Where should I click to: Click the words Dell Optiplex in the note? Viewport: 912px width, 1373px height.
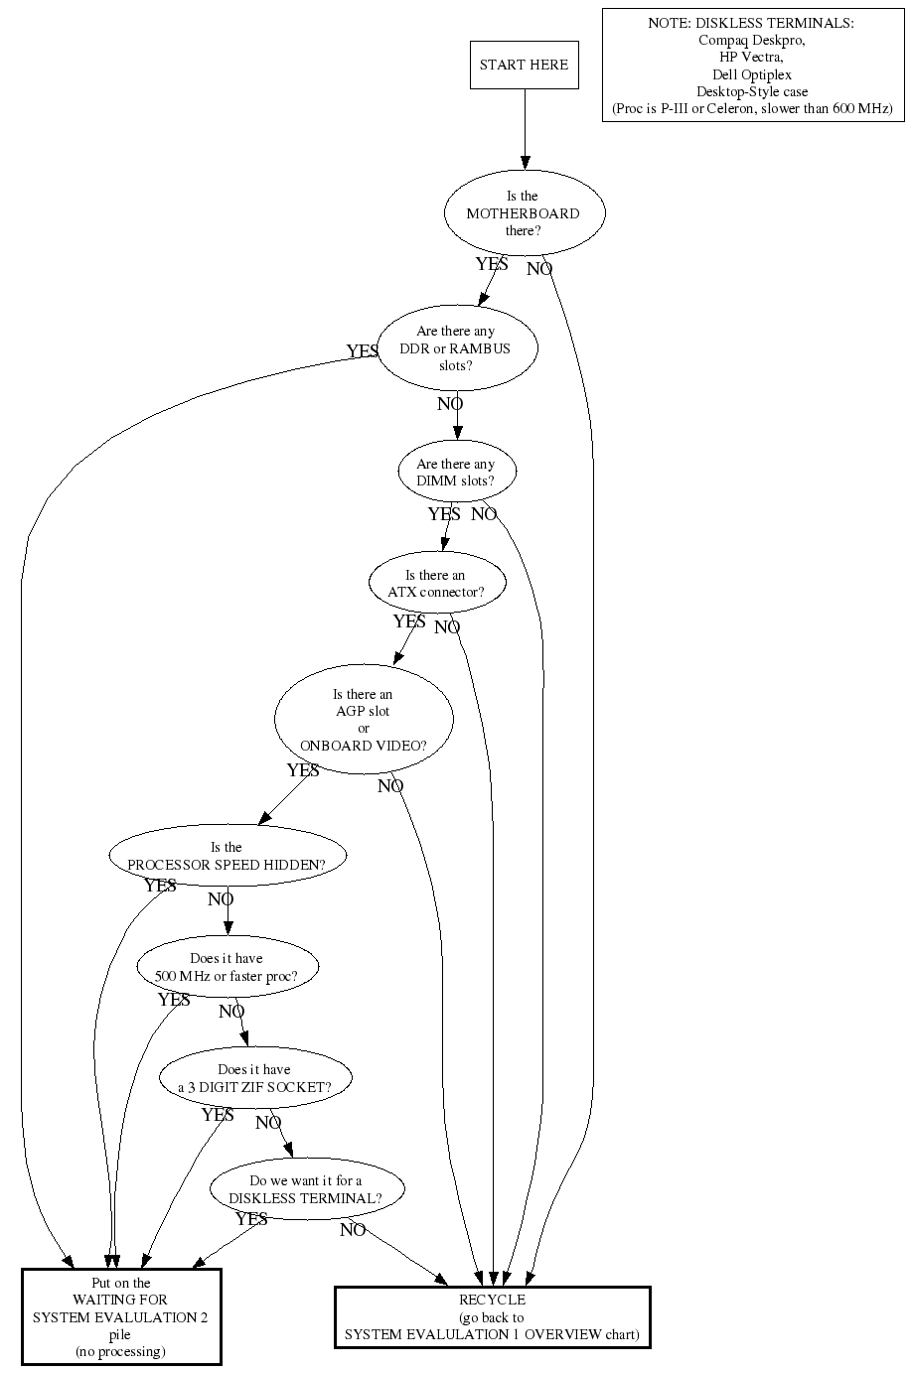752,74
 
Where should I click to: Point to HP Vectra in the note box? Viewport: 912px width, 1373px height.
751,57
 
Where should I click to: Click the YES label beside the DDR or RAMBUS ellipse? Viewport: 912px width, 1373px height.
363,351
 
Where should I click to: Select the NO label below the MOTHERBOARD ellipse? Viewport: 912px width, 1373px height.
539,269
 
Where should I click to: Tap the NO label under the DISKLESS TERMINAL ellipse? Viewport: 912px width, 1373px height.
353,1230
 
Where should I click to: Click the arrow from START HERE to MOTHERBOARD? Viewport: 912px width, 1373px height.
525,129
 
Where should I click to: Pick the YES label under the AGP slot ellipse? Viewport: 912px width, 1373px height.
303,770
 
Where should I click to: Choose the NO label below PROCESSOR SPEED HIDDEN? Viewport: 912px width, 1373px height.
221,899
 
